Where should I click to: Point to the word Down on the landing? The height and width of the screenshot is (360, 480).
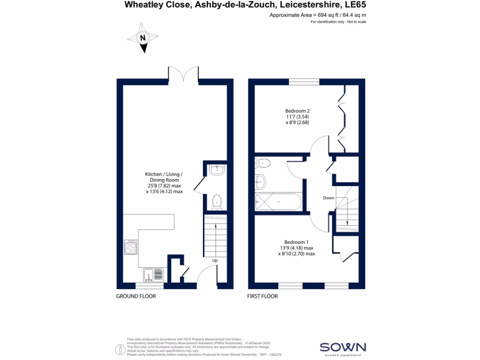coord(329,198)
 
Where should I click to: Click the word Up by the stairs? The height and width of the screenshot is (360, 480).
coord(215,260)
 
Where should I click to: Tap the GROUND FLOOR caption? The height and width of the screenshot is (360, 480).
coord(136,296)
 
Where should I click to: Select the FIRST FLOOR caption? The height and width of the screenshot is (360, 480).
coord(262,296)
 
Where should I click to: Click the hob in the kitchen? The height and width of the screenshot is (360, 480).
coord(130,247)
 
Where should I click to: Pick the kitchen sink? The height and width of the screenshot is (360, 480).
coord(153,274)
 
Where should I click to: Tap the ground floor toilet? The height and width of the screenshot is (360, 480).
coord(217,201)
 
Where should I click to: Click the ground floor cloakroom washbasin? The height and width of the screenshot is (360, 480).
coord(217,170)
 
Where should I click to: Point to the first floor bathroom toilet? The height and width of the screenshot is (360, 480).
coord(262,164)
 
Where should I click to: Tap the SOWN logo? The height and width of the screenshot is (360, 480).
coord(342,347)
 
